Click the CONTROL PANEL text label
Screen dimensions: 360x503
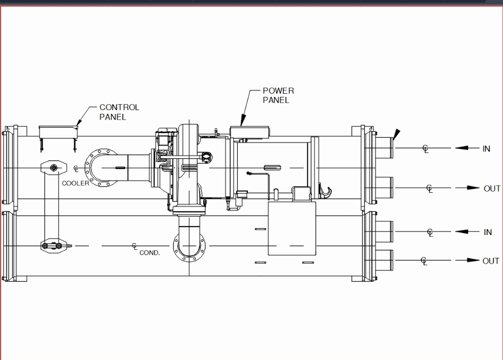[x=119, y=112]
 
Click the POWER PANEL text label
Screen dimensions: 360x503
[x=278, y=95]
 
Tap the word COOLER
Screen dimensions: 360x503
[x=76, y=183]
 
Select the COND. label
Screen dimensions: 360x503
[x=149, y=253]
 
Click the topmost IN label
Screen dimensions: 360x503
[x=486, y=149]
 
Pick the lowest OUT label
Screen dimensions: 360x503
[x=490, y=261]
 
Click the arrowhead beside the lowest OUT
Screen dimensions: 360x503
[x=473, y=260]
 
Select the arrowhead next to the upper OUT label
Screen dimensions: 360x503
[x=473, y=188]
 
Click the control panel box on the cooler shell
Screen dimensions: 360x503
[x=58, y=131]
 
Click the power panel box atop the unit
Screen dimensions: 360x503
[x=249, y=132]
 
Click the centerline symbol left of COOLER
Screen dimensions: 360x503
[x=76, y=169]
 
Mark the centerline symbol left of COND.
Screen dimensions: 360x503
[x=135, y=246]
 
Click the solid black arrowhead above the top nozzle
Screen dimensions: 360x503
[x=397, y=134]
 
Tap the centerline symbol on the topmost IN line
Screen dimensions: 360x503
[x=426, y=149]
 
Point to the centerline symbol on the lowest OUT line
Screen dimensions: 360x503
[x=424, y=260]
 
